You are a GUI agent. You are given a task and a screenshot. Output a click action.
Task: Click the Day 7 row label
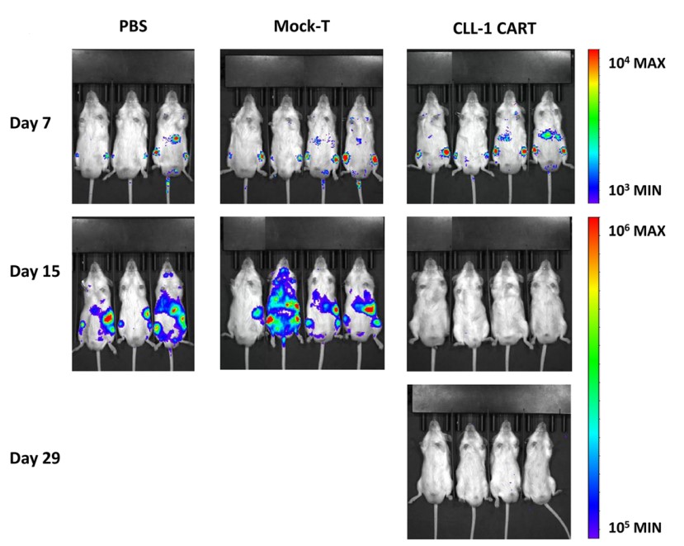coord(33,124)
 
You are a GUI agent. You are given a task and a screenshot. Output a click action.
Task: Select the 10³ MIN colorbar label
coord(636,190)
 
